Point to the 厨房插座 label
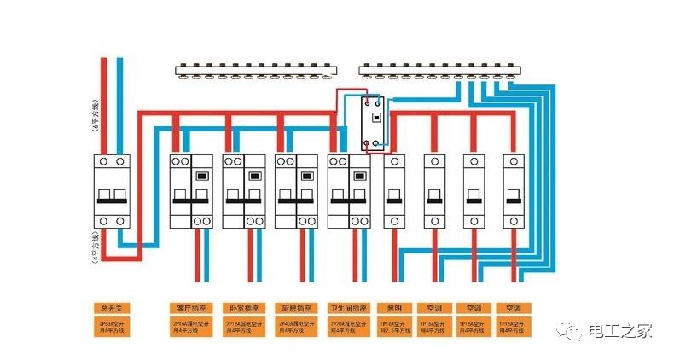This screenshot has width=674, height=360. coord(296,307)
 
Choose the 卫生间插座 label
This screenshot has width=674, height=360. coord(349,307)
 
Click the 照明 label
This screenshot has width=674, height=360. coord(395,307)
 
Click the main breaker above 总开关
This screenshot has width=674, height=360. coord(112,192)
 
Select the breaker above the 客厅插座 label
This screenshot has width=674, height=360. coord(191,192)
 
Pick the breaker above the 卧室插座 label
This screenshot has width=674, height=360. coord(244,192)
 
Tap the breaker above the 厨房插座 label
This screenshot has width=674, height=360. coord(296,192)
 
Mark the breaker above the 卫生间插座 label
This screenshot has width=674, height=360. coord(349,192)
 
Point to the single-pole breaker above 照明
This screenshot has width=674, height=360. coord(395,192)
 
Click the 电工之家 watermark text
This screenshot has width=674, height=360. coord(621,331)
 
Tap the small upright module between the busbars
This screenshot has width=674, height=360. coord(374,124)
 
